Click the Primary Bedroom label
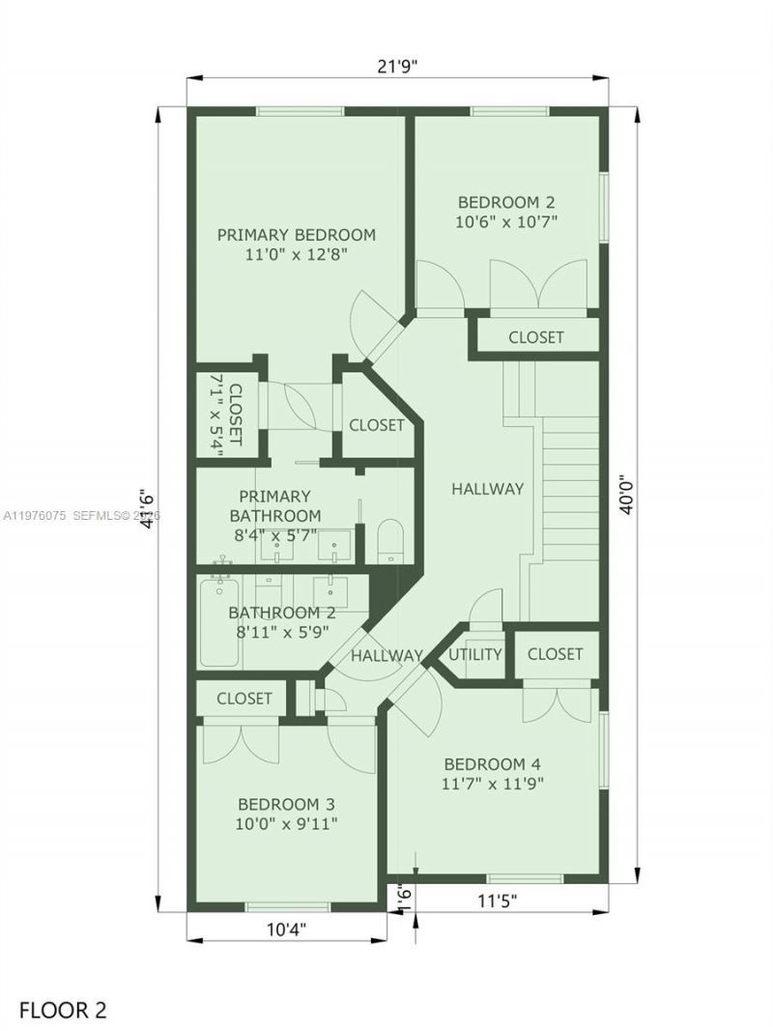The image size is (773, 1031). (296, 235)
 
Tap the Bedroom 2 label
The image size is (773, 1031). (506, 202)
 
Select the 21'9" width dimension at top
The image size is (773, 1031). (397, 66)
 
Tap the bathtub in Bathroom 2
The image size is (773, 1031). (219, 621)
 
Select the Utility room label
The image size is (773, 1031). (476, 654)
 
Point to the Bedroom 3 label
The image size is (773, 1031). (286, 804)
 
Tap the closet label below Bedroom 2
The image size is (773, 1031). (535, 337)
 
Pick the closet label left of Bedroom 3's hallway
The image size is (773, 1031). (243, 698)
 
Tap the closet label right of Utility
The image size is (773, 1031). (555, 654)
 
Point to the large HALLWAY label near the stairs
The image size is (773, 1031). (487, 489)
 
